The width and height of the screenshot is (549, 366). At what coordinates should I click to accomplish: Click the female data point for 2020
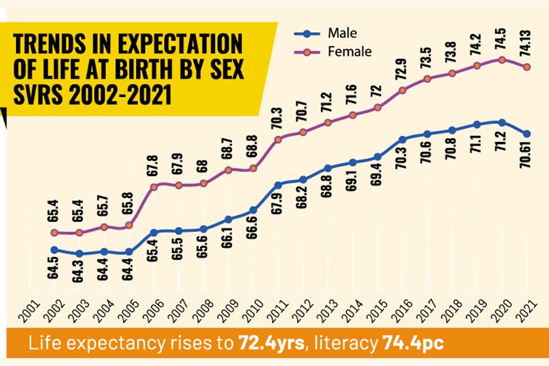pos(501,60)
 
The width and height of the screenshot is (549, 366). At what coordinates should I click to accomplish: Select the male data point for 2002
pos(54,249)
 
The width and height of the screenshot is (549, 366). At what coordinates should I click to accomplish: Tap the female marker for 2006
pos(153,187)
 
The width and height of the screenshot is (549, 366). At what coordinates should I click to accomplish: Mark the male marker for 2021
pos(526,134)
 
